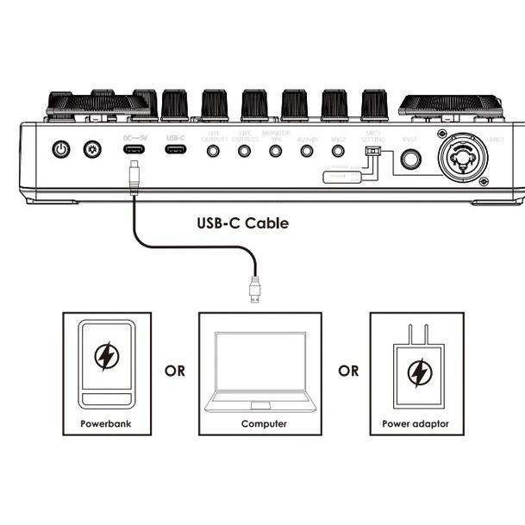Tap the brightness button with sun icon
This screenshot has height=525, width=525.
92,150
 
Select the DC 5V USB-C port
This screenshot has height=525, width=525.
134,150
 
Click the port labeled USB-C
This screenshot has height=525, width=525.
176,150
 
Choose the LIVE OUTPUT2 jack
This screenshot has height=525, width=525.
245,150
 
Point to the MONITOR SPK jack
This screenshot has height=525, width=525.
276,150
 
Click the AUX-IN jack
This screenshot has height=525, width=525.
307,150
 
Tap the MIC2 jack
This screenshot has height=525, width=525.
338,150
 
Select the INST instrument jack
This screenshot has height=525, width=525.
409,160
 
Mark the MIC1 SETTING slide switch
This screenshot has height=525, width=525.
372,153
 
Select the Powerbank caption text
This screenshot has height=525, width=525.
106,424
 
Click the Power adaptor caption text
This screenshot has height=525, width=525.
416,424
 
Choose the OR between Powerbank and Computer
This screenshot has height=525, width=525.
175,372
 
